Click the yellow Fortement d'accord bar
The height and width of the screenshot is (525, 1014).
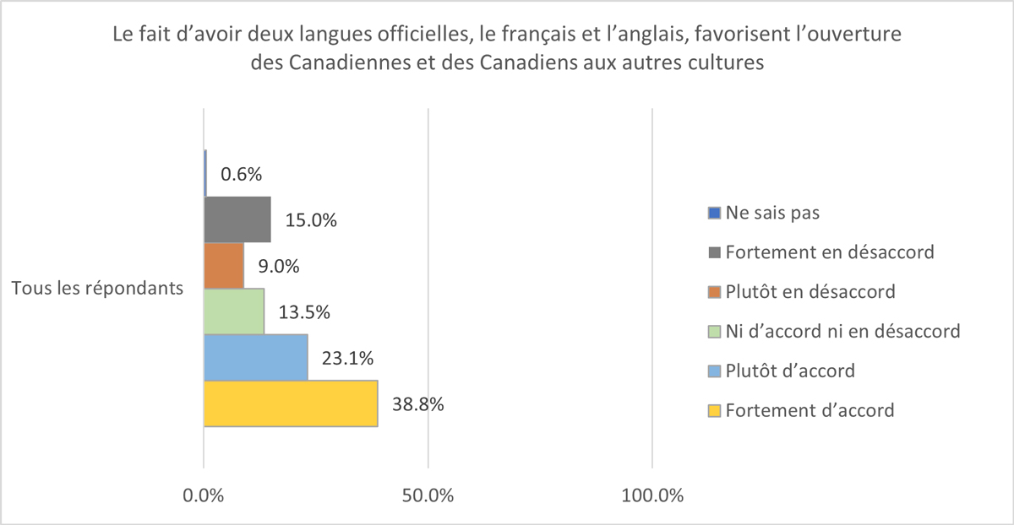[291, 403]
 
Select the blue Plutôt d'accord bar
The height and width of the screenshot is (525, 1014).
[256, 358]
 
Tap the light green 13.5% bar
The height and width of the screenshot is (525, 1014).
[234, 312]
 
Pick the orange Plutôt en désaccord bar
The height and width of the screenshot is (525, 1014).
[224, 266]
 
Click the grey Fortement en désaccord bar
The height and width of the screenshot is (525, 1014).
[237, 220]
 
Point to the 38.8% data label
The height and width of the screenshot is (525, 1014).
[417, 403]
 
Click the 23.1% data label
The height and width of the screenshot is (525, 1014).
[347, 358]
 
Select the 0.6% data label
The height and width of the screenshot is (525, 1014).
[241, 175]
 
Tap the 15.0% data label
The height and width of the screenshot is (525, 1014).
[311, 221]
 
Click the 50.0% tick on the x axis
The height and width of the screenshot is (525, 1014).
[428, 495]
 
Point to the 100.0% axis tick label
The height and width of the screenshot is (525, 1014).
[652, 495]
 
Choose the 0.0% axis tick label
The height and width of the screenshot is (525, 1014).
[204, 495]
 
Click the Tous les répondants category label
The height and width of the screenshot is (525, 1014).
[98, 289]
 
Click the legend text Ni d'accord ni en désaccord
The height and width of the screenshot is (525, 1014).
[843, 332]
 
